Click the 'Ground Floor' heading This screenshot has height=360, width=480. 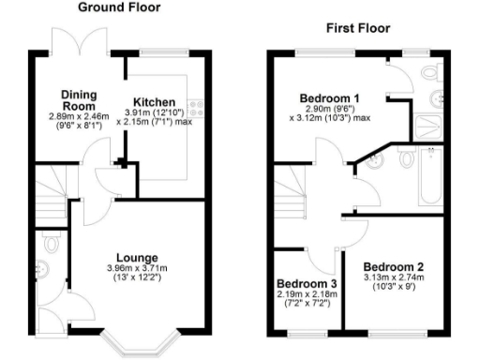tap(119, 7)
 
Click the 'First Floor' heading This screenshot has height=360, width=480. tap(357, 28)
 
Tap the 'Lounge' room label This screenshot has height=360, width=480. tap(137, 258)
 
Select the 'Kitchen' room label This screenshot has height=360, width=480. tap(154, 102)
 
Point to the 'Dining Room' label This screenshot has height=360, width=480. tap(80, 100)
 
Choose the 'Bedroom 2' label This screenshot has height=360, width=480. tap(394, 264)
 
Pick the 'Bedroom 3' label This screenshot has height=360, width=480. tap(307, 283)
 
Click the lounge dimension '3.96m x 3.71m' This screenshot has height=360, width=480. tap(137, 269)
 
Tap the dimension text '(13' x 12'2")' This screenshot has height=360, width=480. tap(137, 279)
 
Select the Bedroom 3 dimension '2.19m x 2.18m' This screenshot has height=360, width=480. tap(307, 295)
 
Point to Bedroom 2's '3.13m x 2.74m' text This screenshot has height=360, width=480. tap(394, 277)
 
